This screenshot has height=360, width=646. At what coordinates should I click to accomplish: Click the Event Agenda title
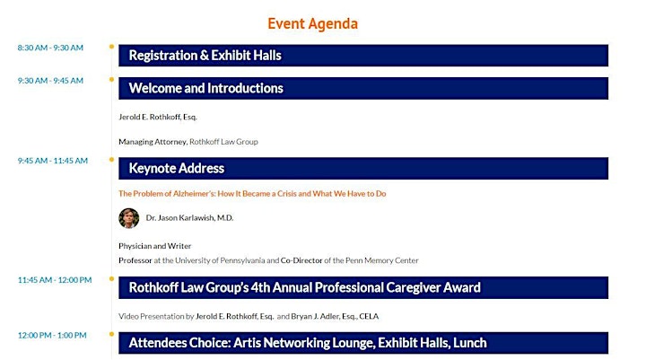313,24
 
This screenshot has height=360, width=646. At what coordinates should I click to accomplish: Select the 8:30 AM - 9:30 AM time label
50,48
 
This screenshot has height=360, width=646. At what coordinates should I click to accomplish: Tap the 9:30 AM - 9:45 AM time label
50,81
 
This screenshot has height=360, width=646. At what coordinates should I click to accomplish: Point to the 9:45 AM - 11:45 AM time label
53,161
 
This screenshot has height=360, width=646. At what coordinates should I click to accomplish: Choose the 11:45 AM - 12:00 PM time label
55,280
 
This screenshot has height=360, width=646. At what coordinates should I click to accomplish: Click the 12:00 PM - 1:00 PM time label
52,335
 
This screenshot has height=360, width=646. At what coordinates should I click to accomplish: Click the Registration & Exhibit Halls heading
205,56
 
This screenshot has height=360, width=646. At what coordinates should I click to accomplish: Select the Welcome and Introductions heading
206,88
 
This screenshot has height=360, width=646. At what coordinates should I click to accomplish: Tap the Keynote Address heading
177,168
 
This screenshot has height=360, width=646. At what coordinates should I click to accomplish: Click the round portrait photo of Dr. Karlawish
129,218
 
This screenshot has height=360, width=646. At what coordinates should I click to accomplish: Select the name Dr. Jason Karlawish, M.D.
189,218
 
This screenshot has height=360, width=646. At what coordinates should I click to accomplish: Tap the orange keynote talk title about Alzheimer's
252,194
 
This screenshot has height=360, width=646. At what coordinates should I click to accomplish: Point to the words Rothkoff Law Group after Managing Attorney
223,142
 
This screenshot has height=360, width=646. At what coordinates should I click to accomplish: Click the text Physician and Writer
155,246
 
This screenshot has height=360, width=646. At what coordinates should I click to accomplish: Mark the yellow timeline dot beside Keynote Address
111,160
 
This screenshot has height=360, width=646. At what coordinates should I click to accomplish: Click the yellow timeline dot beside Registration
111,47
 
